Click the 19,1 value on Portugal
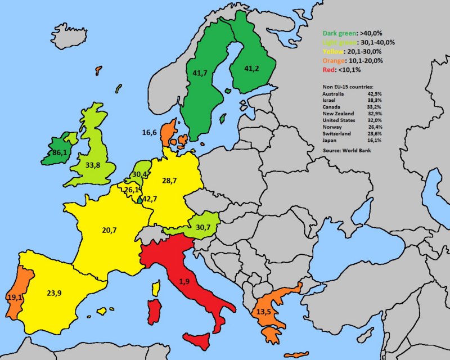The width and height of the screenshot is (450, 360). pos(15,297)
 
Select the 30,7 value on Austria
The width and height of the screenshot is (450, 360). pos(203,227)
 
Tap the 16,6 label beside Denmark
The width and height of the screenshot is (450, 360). pos(150,133)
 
